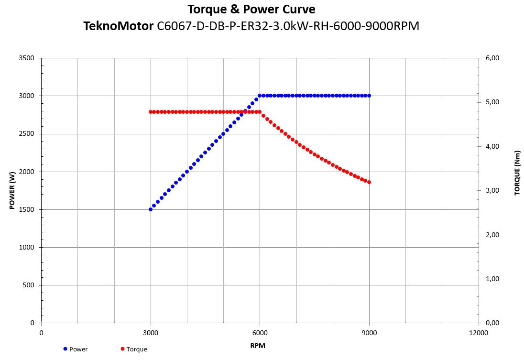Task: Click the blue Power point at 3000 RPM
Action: click(151, 209)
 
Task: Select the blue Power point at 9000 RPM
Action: click(369, 96)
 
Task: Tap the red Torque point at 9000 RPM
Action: click(369, 182)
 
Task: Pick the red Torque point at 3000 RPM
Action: click(151, 112)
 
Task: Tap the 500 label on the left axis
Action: click(28, 285)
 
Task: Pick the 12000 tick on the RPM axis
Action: click(479, 333)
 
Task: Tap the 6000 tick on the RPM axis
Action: click(260, 333)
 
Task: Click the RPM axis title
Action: click(258, 345)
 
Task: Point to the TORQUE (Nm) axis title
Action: click(517, 173)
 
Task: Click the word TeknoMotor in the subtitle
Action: click(118, 26)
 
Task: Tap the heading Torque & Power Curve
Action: click(251, 9)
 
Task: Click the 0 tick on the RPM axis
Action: click(42, 333)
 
